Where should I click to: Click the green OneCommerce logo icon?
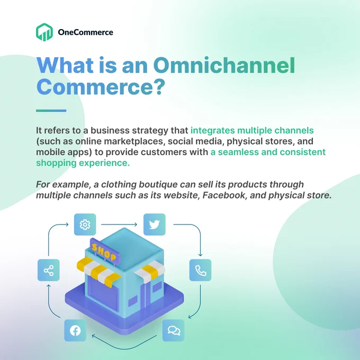pyautogui.click(x=44, y=32)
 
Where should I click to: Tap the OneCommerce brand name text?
pyautogui.click(x=85, y=32)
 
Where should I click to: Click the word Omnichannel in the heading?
pyautogui.click(x=224, y=65)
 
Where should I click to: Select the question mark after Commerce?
pyautogui.click(x=158, y=86)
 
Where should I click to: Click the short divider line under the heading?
pyautogui.click(x=51, y=111)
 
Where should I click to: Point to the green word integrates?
pyautogui.click(x=213, y=130)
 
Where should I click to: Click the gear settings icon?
pyautogui.click(x=85, y=224)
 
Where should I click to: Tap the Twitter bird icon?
pyautogui.click(x=154, y=224)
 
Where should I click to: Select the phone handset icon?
pyautogui.click(x=200, y=270)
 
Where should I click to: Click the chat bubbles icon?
pyautogui.click(x=173, y=330)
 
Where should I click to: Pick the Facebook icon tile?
pyautogui.click(x=75, y=330)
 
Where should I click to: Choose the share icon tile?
pyautogui.click(x=49, y=270)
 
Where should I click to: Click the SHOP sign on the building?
pyautogui.click(x=105, y=252)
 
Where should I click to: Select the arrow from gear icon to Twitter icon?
pyautogui.click(x=119, y=224)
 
